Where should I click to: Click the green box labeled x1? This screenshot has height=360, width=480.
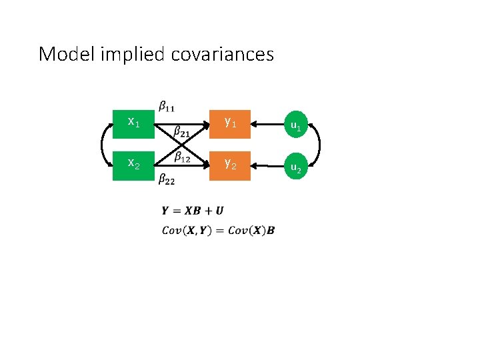[133, 123]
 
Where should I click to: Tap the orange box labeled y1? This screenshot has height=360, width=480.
[230, 123]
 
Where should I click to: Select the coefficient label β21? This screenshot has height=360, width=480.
[181, 133]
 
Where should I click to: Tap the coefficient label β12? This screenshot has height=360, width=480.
[182, 157]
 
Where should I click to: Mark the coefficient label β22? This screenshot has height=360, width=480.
[167, 178]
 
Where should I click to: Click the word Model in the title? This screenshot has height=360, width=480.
[67, 54]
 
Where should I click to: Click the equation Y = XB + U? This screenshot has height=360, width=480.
[193, 211]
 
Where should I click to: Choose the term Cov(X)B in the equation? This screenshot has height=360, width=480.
[251, 231]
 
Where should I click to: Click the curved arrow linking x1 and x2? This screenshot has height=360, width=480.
[103, 144]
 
